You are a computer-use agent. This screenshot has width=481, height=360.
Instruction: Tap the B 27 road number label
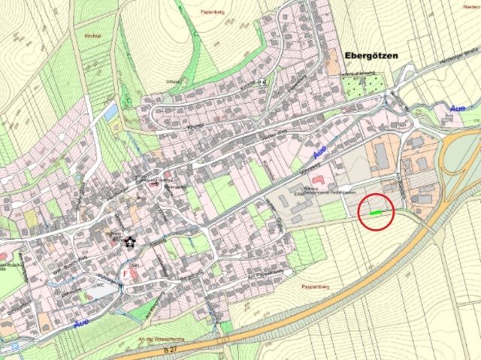[151, 350]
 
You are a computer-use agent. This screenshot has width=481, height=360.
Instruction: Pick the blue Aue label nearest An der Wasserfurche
[83, 324]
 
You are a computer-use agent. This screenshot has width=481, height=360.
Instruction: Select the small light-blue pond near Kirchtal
[110, 112]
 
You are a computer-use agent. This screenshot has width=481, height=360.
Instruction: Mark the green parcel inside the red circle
[375, 213]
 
